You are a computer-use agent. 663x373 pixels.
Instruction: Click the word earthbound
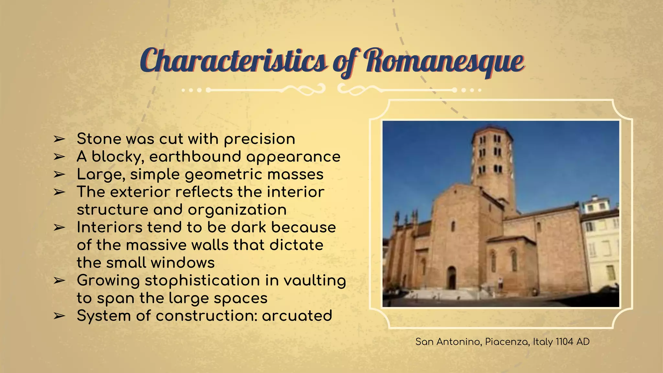point(195,157)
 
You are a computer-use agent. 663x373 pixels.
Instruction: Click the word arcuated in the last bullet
point(297,316)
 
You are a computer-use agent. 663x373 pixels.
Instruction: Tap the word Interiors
point(109,227)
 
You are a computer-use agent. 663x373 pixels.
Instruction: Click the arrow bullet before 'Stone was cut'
point(59,139)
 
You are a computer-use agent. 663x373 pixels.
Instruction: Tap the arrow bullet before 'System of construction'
point(59,316)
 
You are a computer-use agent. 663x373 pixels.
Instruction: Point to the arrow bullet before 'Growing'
point(59,281)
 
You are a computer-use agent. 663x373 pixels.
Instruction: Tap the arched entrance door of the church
point(452,278)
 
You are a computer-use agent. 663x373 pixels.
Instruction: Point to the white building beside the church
point(601,246)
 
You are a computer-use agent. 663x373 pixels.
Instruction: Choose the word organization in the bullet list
point(237,210)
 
